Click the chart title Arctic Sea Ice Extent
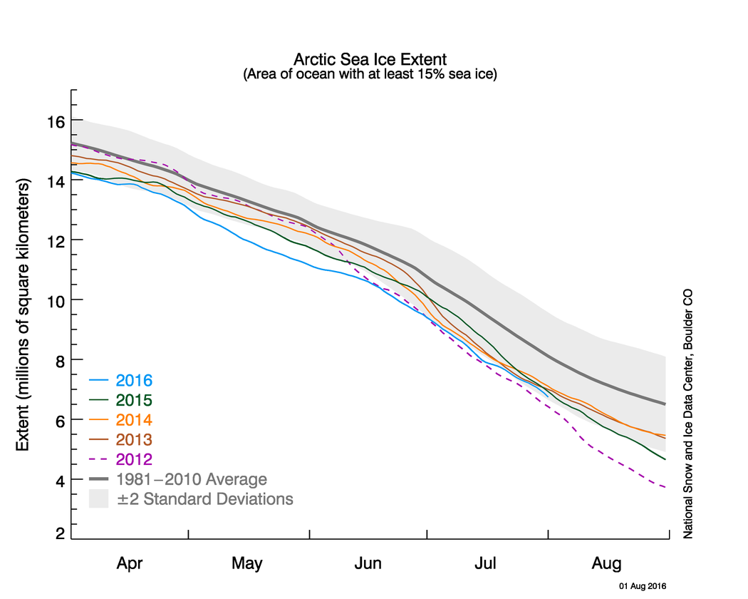click(370, 58)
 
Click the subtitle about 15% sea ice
click(370, 73)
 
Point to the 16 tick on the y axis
click(56, 121)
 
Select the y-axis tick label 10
click(56, 300)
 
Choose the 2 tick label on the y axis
click(60, 533)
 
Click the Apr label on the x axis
click(130, 563)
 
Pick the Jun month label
click(368, 563)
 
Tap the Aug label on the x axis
click(606, 563)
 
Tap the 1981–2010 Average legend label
click(192, 478)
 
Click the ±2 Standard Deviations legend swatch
click(98, 498)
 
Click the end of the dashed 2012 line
click(665, 487)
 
